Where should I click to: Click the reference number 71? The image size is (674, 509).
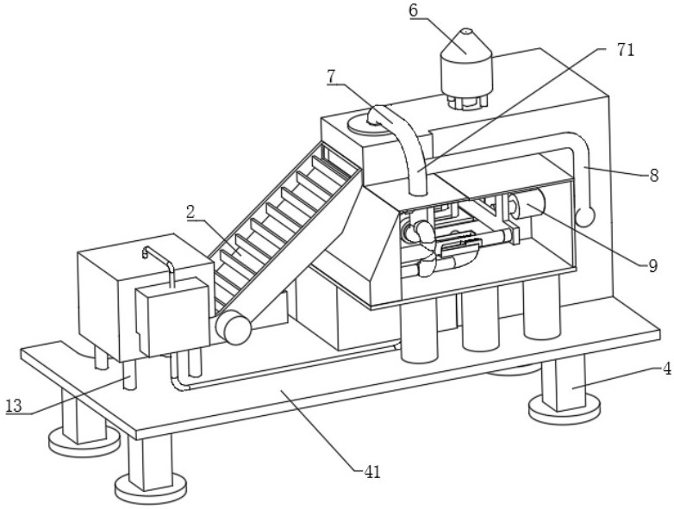coord(626,50)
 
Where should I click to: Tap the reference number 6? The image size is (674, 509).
coord(413,10)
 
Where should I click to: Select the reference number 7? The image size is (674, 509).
coord(331,77)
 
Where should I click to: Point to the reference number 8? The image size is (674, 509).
coord(654,176)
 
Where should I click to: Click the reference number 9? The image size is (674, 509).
coord(652,266)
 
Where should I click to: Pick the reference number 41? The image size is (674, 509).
coord(372,473)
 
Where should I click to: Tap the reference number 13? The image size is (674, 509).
coord(14,406)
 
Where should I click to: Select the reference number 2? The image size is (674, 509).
coord(190,212)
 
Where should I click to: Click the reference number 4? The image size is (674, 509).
coord(667,369)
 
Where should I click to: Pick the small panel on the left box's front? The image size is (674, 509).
coord(172,316)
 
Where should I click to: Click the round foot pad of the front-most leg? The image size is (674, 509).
coord(151,489)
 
